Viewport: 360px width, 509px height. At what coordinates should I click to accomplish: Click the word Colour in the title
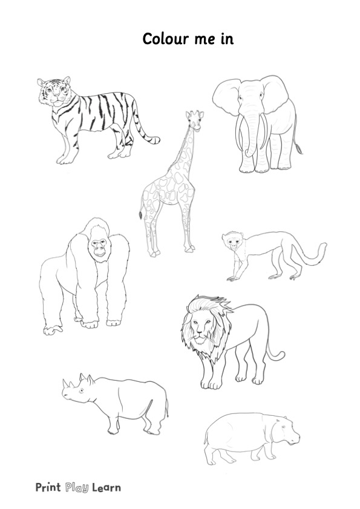coord(166,39)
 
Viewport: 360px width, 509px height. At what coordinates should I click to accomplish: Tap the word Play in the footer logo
coord(77,487)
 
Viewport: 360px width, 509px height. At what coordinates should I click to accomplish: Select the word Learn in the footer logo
coord(106,487)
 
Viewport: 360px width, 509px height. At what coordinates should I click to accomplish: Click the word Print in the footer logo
coord(48,487)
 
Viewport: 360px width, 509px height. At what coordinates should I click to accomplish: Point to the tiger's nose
coord(56,95)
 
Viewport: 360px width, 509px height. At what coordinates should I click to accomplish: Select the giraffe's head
coord(195,119)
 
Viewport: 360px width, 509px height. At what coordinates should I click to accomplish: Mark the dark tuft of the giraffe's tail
coord(141,215)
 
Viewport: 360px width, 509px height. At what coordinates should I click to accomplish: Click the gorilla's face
coord(99,247)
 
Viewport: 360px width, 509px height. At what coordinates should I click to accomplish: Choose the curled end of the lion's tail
coord(280,355)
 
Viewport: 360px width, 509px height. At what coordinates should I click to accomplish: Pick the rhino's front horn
coord(65,384)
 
